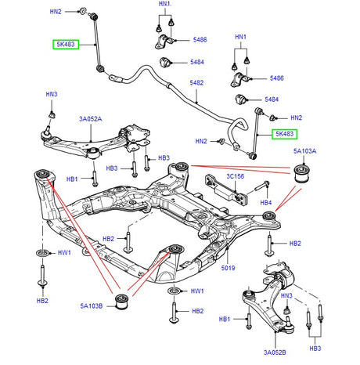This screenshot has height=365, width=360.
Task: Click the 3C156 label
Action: click(235, 177)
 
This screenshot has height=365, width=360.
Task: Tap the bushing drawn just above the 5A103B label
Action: click(122, 301)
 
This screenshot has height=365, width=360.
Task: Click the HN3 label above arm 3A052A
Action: click(52, 95)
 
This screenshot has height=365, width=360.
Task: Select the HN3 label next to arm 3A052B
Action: click(286, 295)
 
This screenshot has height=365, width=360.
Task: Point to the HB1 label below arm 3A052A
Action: click(72, 179)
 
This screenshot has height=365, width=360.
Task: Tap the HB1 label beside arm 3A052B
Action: click(225, 320)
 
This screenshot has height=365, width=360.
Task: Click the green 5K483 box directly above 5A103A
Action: click(285, 134)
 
